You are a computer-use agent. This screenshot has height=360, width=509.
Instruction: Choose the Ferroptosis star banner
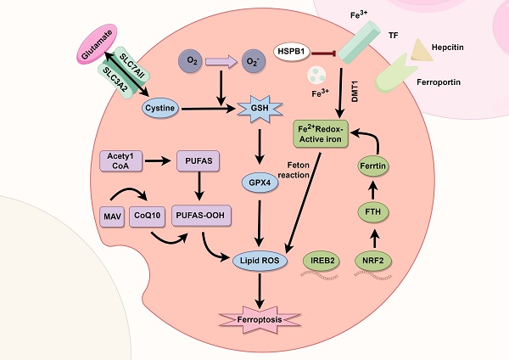tap(260, 321)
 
